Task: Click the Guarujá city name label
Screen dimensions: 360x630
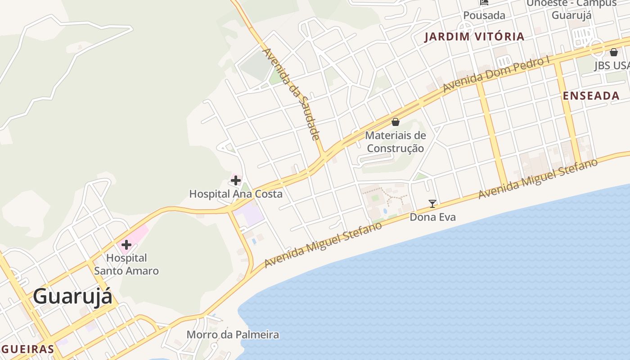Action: point(72,297)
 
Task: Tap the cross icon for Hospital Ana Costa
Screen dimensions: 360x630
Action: point(235,180)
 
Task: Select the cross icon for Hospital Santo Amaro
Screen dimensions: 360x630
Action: point(126,245)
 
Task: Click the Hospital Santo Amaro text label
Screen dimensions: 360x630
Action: point(126,265)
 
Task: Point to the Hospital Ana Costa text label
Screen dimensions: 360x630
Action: point(236,194)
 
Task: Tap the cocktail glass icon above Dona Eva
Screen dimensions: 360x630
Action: point(432,203)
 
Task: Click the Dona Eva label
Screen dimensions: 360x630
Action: point(432,217)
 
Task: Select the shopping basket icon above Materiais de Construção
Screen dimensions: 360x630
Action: point(396,122)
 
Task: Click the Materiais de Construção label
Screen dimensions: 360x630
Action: point(396,142)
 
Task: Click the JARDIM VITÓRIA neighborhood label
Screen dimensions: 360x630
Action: point(475,37)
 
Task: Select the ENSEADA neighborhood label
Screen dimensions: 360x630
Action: point(591,96)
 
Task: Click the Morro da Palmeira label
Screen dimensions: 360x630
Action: point(233,335)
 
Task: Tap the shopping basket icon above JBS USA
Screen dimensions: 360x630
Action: point(613,53)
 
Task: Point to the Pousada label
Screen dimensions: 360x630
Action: point(484,15)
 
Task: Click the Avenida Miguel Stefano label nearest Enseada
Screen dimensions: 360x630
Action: point(538,179)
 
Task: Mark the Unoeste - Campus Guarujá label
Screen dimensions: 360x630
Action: point(571,9)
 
